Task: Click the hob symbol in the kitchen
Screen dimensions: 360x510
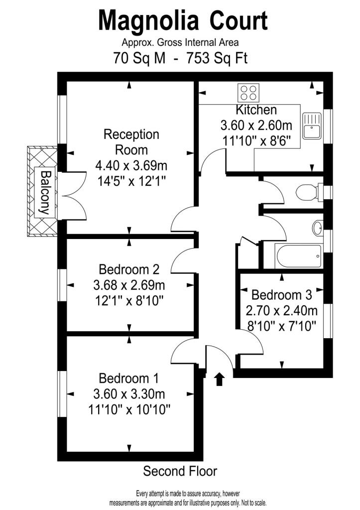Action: [249, 92]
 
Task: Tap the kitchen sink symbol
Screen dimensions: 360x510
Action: [312, 126]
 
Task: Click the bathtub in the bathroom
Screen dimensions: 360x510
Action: [298, 256]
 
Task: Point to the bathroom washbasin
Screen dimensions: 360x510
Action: [318, 228]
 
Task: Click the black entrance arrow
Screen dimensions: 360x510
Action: [219, 379]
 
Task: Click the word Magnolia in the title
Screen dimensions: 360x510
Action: [148, 21]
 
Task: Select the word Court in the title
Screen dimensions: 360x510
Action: [239, 21]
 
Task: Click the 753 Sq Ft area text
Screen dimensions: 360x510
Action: [217, 58]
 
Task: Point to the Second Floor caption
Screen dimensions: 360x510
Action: [180, 471]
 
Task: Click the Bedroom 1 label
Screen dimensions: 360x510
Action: [129, 379]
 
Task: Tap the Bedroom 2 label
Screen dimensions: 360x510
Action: [129, 269]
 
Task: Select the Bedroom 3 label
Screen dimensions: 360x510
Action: [282, 295]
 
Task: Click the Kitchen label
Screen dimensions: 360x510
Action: [256, 110]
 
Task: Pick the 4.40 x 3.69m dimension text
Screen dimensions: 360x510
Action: [131, 165]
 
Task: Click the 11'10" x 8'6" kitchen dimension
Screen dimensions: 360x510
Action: [256, 141]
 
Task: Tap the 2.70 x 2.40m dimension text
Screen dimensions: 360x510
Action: [282, 311]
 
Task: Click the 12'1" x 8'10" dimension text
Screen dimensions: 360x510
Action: [129, 301]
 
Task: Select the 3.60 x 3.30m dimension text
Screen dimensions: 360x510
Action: [129, 394]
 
